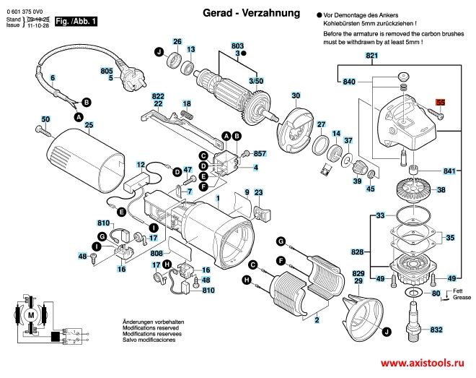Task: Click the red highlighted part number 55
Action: point(441,103)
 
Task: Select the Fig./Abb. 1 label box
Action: point(77,23)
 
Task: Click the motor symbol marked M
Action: point(30,315)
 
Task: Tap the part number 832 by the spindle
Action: point(436,330)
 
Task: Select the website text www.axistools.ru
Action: point(423,364)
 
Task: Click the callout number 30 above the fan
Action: point(296,95)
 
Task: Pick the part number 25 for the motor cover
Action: point(89,124)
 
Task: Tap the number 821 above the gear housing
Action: point(371,56)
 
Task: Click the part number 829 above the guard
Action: point(358,273)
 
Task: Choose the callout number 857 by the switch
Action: point(260,154)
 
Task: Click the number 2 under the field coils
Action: point(317,319)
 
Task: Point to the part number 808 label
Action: point(156,254)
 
